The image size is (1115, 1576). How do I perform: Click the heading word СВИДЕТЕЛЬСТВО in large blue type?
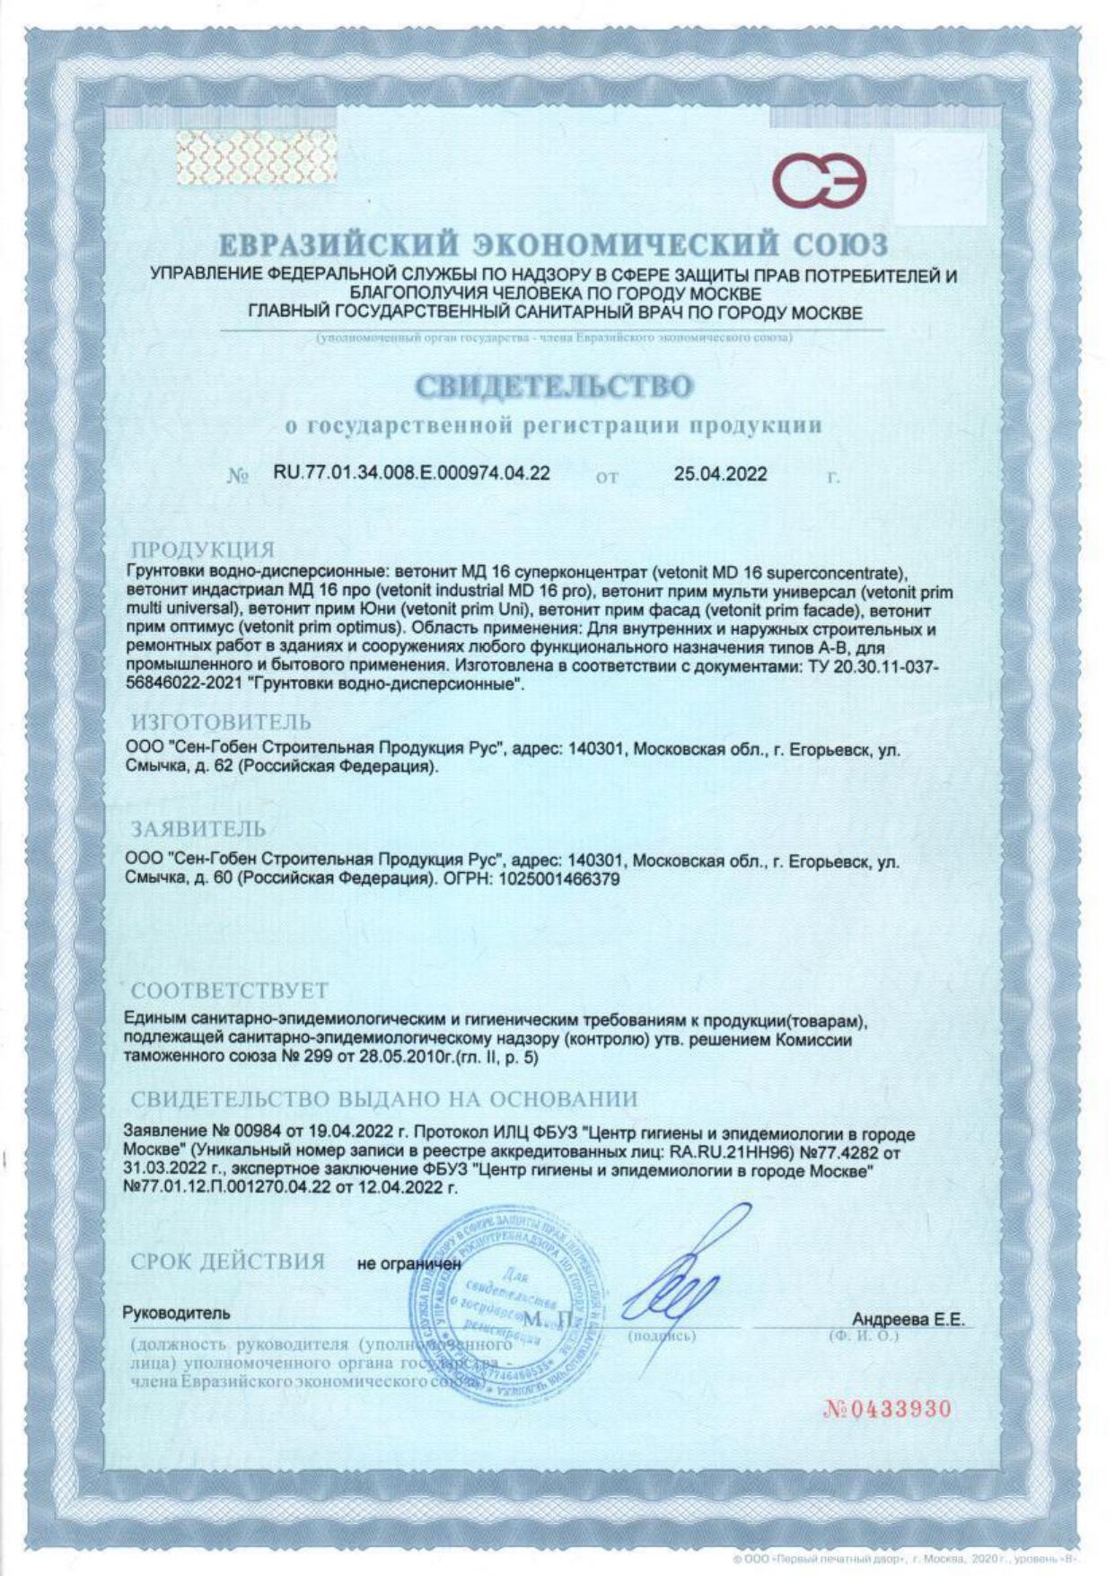click(554, 386)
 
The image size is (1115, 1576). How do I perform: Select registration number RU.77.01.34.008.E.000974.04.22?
click(411, 473)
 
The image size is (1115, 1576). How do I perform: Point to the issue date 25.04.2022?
click(720, 474)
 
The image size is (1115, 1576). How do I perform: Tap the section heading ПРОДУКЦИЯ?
click(203, 550)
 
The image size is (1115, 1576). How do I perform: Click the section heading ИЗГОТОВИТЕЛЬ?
click(222, 721)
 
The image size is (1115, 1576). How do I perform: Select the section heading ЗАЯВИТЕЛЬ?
click(198, 827)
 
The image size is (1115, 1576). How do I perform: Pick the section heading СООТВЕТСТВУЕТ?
click(230, 991)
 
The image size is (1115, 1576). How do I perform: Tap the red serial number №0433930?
click(887, 1409)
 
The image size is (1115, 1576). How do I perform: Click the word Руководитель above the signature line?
click(176, 1313)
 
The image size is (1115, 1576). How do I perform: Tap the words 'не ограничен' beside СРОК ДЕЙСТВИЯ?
click(408, 1263)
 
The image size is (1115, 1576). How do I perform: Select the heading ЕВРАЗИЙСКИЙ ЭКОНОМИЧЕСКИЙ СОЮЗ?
click(554, 244)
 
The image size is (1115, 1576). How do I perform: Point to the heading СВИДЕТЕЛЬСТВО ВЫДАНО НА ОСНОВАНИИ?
click(384, 1099)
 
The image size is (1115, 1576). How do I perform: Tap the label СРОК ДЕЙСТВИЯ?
click(228, 1261)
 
